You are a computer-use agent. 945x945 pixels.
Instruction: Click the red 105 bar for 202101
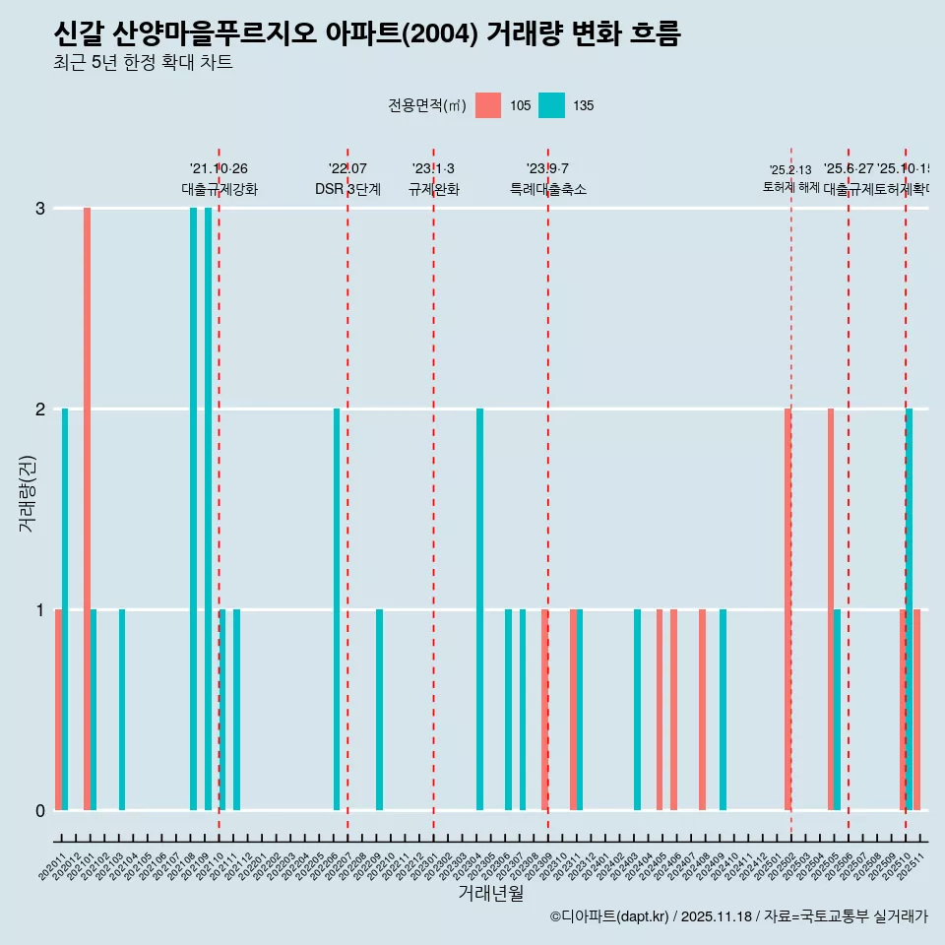[x=87, y=509]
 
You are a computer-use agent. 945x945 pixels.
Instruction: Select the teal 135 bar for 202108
[x=194, y=509]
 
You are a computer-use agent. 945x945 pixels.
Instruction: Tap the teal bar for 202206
[x=337, y=609]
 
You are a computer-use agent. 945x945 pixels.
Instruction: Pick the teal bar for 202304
[x=479, y=609]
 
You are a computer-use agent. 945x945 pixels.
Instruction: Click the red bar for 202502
[x=787, y=609]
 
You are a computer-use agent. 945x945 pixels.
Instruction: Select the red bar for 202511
[x=916, y=710]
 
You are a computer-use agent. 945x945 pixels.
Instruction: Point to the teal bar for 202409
[x=723, y=710]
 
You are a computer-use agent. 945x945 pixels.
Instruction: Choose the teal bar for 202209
[x=379, y=710]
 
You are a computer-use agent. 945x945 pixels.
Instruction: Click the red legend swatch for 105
[x=488, y=105]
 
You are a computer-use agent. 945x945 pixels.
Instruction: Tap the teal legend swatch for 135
[x=551, y=105]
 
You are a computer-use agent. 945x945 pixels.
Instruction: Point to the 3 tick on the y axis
[x=40, y=208]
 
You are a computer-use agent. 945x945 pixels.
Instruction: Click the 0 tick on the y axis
[x=40, y=810]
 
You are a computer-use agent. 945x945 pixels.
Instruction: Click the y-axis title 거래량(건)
[x=27, y=493]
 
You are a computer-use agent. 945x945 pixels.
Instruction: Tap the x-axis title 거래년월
[x=490, y=893]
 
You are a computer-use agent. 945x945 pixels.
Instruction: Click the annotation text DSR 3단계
[x=347, y=189]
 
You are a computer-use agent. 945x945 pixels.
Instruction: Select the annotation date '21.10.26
[x=219, y=169]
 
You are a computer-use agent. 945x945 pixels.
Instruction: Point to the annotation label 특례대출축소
[x=547, y=189]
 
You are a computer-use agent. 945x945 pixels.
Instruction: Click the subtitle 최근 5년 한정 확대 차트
[x=143, y=63]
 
